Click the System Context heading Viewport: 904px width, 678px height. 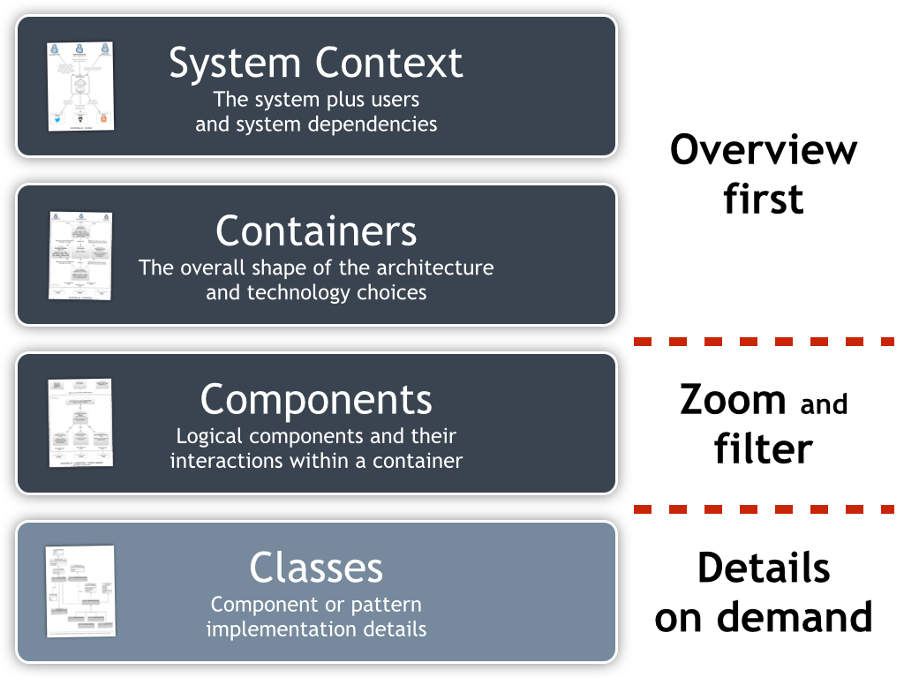click(x=316, y=64)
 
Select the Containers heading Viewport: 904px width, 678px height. click(x=316, y=231)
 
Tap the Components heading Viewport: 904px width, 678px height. click(x=316, y=400)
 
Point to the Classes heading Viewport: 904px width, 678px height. click(x=316, y=568)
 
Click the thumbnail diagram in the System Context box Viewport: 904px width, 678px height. click(x=80, y=86)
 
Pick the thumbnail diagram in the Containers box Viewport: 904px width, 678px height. click(x=80, y=254)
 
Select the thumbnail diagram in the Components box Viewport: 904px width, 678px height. click(x=80, y=422)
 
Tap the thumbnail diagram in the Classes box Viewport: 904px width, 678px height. click(x=80, y=591)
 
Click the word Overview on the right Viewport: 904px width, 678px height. click(x=764, y=150)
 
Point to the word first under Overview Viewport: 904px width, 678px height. click(x=764, y=199)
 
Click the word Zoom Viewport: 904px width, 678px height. click(x=733, y=400)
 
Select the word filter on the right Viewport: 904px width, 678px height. click(x=763, y=448)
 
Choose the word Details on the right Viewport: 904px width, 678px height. click(x=764, y=569)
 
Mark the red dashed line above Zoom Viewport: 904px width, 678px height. click(x=765, y=341)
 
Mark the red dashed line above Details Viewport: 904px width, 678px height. click(x=765, y=509)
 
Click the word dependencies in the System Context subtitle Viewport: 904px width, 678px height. click(x=380, y=124)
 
